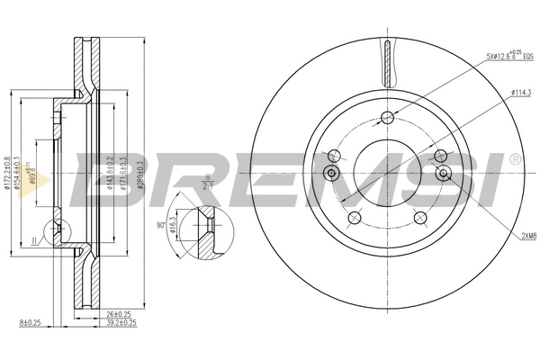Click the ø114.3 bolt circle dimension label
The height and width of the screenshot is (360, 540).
tap(522, 92)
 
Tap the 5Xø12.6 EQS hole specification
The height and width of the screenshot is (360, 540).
tap(510, 56)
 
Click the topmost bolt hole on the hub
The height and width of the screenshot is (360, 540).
tap(388, 117)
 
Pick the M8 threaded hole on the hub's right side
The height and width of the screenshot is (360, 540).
tap(443, 173)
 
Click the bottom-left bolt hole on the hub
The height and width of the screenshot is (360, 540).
tap(355, 216)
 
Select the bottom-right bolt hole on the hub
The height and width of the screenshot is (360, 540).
tap(419, 216)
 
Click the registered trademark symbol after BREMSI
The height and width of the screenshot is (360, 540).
tap(515, 158)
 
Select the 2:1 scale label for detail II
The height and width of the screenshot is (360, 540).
tap(207, 184)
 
